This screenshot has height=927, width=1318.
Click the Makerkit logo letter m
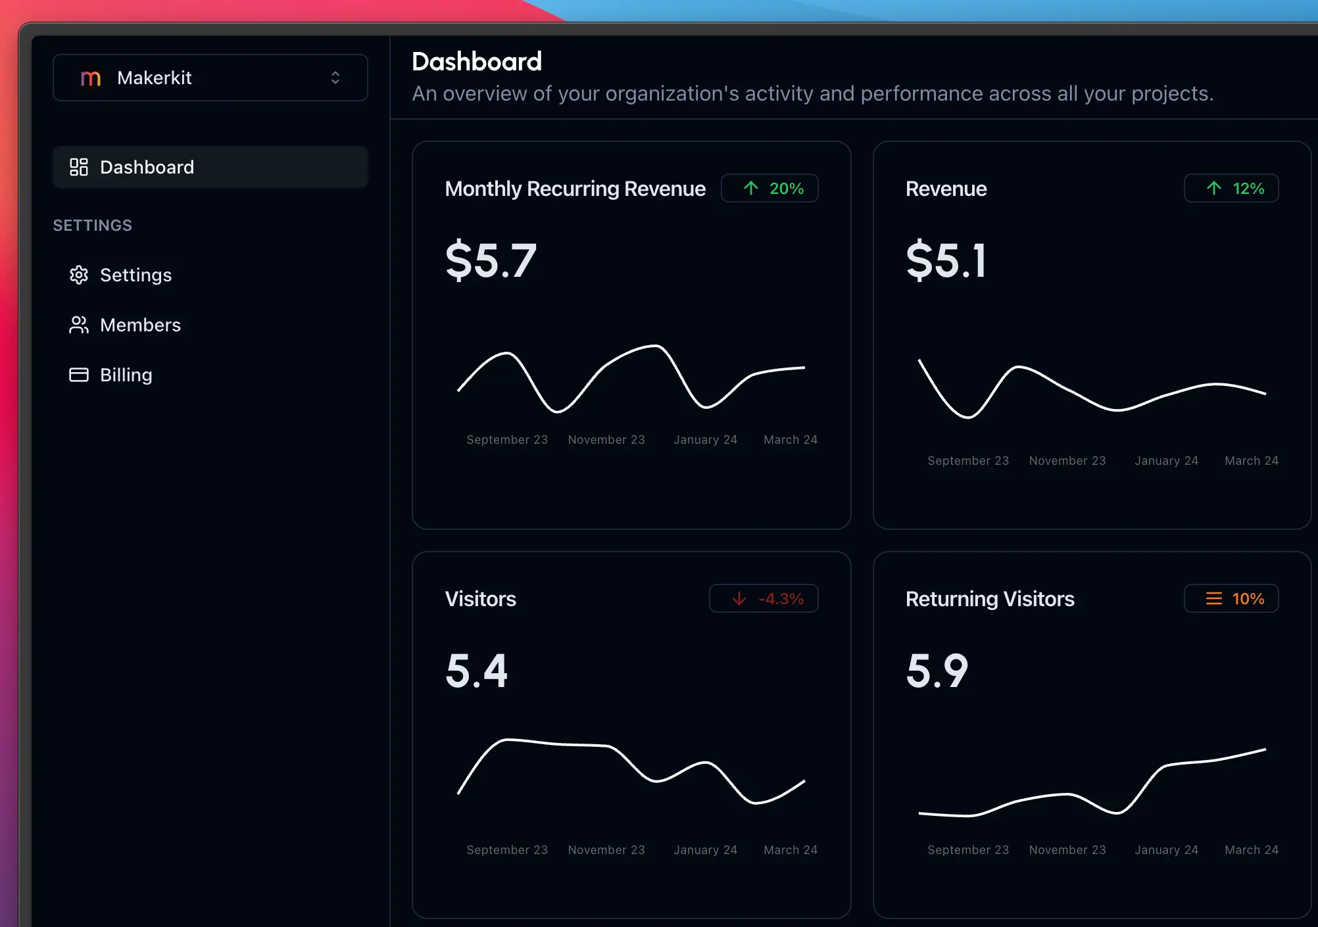90,78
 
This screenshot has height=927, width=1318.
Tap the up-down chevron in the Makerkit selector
335,78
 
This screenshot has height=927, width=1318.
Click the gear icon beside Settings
79,275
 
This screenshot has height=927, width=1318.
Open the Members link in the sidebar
139,325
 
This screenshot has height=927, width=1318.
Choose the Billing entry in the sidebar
126,375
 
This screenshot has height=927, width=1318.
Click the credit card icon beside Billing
79,375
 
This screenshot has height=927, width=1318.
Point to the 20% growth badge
769,189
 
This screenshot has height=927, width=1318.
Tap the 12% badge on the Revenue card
1231,189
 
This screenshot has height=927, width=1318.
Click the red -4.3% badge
764,599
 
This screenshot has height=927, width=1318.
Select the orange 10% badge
1231,599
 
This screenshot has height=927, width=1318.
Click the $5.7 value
491,260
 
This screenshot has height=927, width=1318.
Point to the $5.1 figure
946,260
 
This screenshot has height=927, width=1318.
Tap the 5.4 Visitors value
477,671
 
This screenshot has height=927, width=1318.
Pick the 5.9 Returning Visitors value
937,671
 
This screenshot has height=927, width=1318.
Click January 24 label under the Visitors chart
705,850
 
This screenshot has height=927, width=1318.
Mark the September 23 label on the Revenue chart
967,461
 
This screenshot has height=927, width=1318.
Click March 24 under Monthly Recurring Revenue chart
791,440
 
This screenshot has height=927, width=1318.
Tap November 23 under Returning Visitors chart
1067,850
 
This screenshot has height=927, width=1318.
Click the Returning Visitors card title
990,599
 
